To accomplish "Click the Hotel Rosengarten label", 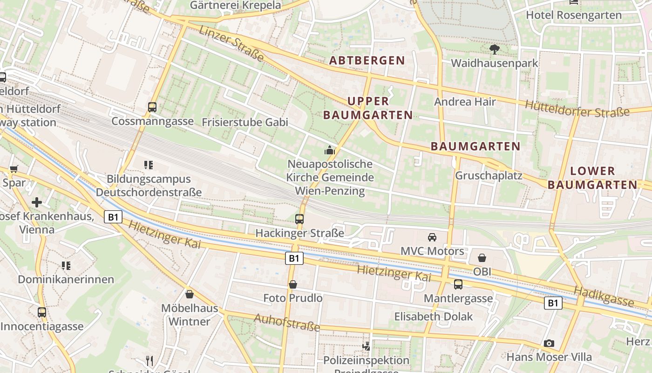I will tap(573, 15).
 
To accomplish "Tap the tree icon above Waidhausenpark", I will tap(494, 49).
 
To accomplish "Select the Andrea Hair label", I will tap(465, 102).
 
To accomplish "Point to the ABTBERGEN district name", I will tap(367, 60).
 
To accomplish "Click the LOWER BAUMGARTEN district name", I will tap(592, 178).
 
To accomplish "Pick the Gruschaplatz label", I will tap(489, 176).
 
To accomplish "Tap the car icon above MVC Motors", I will tap(432, 237).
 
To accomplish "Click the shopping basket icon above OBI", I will tap(482, 257).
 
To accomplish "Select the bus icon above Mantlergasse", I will tap(458, 284).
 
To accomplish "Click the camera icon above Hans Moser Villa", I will tap(549, 343).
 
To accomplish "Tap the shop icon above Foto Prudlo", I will tap(293, 284).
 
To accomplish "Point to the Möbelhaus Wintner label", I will tap(189, 315).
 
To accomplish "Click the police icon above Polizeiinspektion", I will tap(367, 346).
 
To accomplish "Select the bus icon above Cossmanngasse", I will tap(152, 107).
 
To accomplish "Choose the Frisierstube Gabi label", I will tap(245, 122).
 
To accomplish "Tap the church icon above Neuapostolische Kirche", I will tap(330, 150).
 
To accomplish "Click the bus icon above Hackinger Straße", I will tap(299, 219).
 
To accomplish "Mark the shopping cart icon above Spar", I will tap(14, 169).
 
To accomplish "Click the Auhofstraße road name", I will tap(287, 322).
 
